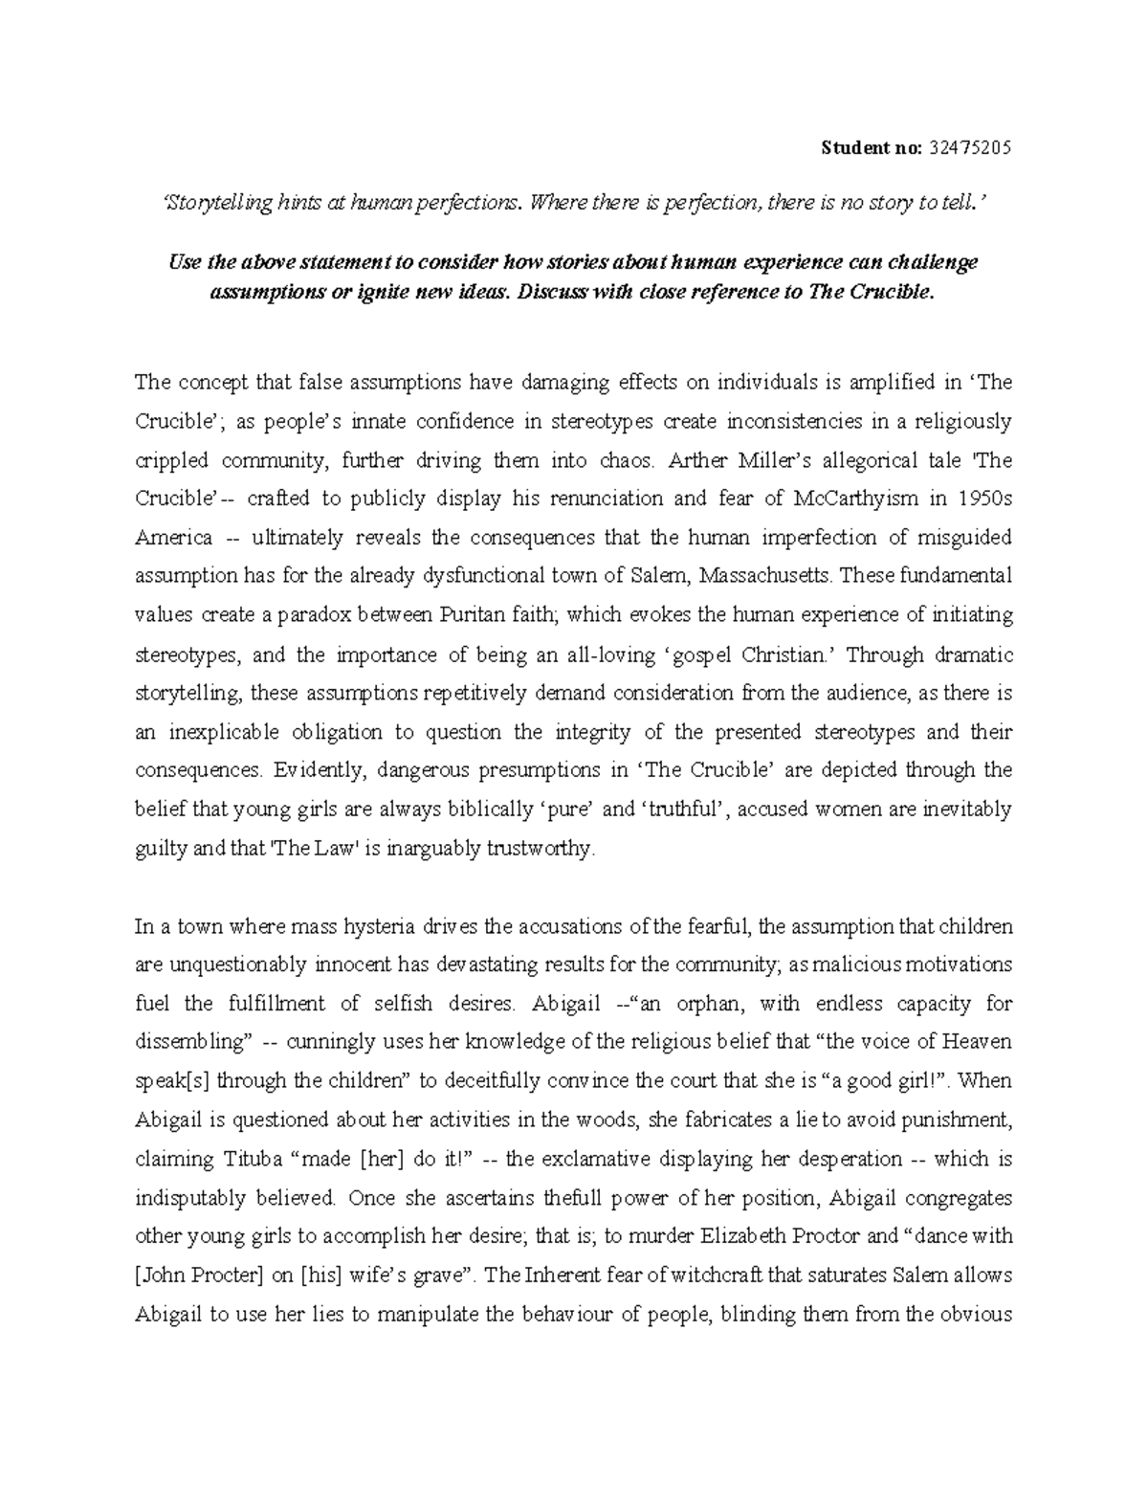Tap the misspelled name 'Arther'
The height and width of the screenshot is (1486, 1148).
pyautogui.click(x=697, y=460)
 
